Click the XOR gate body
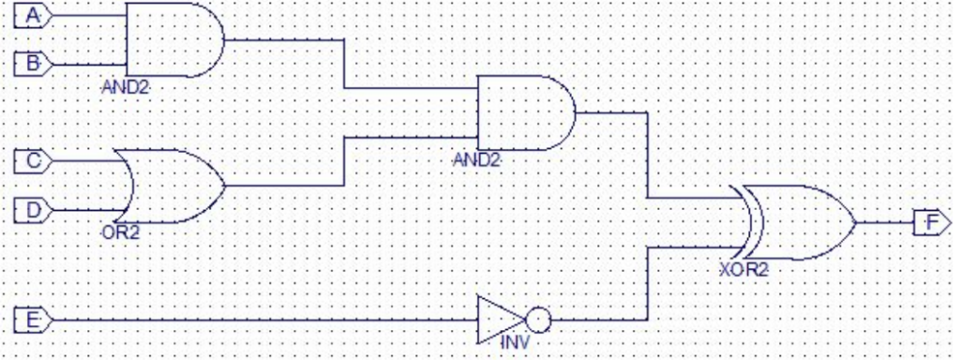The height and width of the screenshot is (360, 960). point(797,222)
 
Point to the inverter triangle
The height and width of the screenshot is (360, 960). point(497,320)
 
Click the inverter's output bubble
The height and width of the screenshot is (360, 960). point(538,320)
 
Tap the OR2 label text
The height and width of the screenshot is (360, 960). point(119,232)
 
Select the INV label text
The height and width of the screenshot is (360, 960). point(515,343)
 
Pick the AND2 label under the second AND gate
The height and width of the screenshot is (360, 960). point(476,159)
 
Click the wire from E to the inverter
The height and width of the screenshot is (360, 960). point(262,321)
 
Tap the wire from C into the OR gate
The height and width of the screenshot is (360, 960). point(84,161)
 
